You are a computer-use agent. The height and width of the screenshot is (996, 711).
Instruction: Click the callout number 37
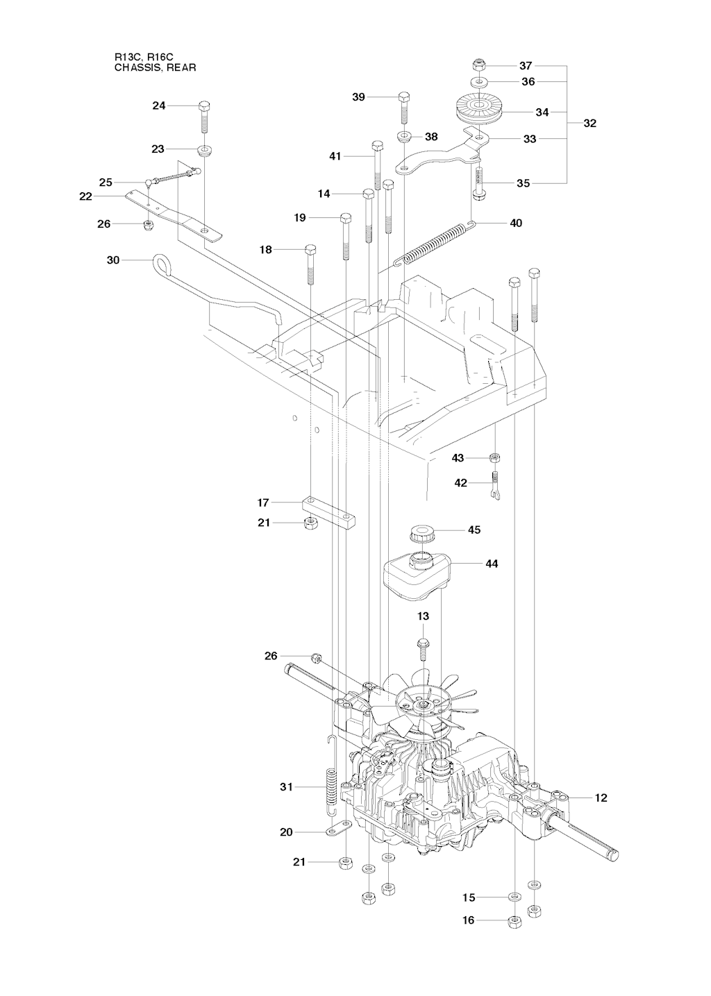(526, 65)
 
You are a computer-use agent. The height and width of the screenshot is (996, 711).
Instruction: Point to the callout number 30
(113, 260)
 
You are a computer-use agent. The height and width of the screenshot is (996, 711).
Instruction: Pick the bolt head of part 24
(204, 106)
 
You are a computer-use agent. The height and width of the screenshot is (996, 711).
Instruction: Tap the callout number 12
(601, 798)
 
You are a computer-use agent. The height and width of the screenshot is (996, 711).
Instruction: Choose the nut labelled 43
(495, 457)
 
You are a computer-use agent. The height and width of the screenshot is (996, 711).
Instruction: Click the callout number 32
(590, 124)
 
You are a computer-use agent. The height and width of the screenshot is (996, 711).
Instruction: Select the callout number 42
(460, 483)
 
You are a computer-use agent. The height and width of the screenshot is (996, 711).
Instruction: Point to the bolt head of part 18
(310, 249)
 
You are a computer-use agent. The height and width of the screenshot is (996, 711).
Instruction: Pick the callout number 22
(86, 196)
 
